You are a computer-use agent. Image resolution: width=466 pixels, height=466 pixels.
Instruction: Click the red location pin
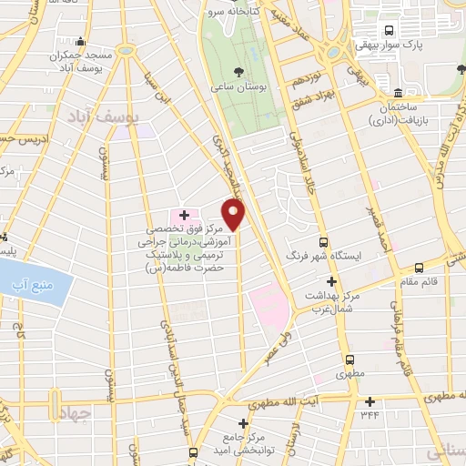coord(235,215)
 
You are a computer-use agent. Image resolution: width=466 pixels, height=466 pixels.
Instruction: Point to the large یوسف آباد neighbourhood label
coord(106,116)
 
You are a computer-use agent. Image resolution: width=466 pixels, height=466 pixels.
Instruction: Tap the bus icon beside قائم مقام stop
coord(418,268)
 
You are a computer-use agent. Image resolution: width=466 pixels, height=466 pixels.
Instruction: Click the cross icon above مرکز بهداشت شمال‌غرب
coord(331,280)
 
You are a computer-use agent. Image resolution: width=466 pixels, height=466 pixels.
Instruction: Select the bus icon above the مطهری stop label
coord(348,359)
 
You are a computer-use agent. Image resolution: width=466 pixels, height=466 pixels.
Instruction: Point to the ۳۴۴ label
coord(369,415)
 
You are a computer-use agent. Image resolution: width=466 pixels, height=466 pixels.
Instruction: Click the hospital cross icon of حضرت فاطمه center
coord(184,215)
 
